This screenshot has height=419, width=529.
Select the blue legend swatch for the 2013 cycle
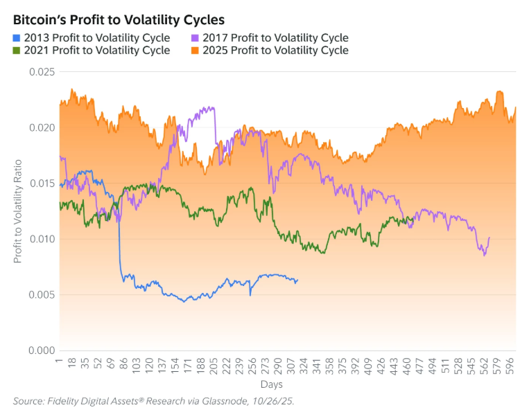17,38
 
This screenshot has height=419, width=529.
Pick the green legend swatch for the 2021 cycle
17,51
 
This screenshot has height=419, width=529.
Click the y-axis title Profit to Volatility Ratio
18,211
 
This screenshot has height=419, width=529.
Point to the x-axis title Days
271,384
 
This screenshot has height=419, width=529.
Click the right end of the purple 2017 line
489,238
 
